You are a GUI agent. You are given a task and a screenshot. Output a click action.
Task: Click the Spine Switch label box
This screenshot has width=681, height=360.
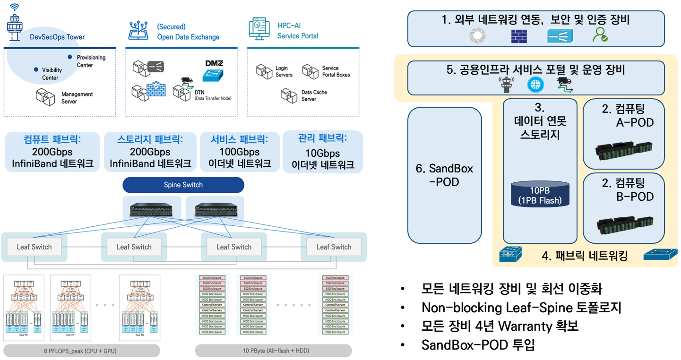pyautogui.click(x=183, y=185)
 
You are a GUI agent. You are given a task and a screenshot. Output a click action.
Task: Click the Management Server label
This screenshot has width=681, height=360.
pyautogui.click(x=77, y=98)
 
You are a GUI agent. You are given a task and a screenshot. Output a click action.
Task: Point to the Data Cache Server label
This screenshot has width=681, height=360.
pyautogui.click(x=314, y=95)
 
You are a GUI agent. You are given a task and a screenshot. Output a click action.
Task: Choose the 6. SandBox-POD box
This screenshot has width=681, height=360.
pyautogui.click(x=444, y=175)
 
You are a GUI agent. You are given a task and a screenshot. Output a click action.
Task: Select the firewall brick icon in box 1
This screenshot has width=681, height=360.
pyautogui.click(x=519, y=36)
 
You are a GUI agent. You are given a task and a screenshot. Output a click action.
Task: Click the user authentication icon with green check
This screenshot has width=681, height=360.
pyautogui.click(x=600, y=35)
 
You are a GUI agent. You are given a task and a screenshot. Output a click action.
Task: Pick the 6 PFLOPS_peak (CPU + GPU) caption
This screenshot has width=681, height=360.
pyautogui.click(x=82, y=351)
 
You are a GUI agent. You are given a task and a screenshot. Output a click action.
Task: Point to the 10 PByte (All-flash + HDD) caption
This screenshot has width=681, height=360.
pyautogui.click(x=274, y=351)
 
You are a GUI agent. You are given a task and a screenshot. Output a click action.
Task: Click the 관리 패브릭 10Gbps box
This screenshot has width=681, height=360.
pyautogui.click(x=322, y=152)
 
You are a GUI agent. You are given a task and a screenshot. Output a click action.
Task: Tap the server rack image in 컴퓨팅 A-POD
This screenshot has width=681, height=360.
pyautogui.click(x=623, y=150)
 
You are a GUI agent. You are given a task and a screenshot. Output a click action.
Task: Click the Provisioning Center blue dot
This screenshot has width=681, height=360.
pyautogui.click(x=70, y=57)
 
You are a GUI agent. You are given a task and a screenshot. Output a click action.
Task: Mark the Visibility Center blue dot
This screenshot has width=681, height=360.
pyautogui.click(x=36, y=69)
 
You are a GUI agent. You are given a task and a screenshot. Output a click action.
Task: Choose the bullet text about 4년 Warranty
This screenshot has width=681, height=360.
pyautogui.click(x=500, y=326)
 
